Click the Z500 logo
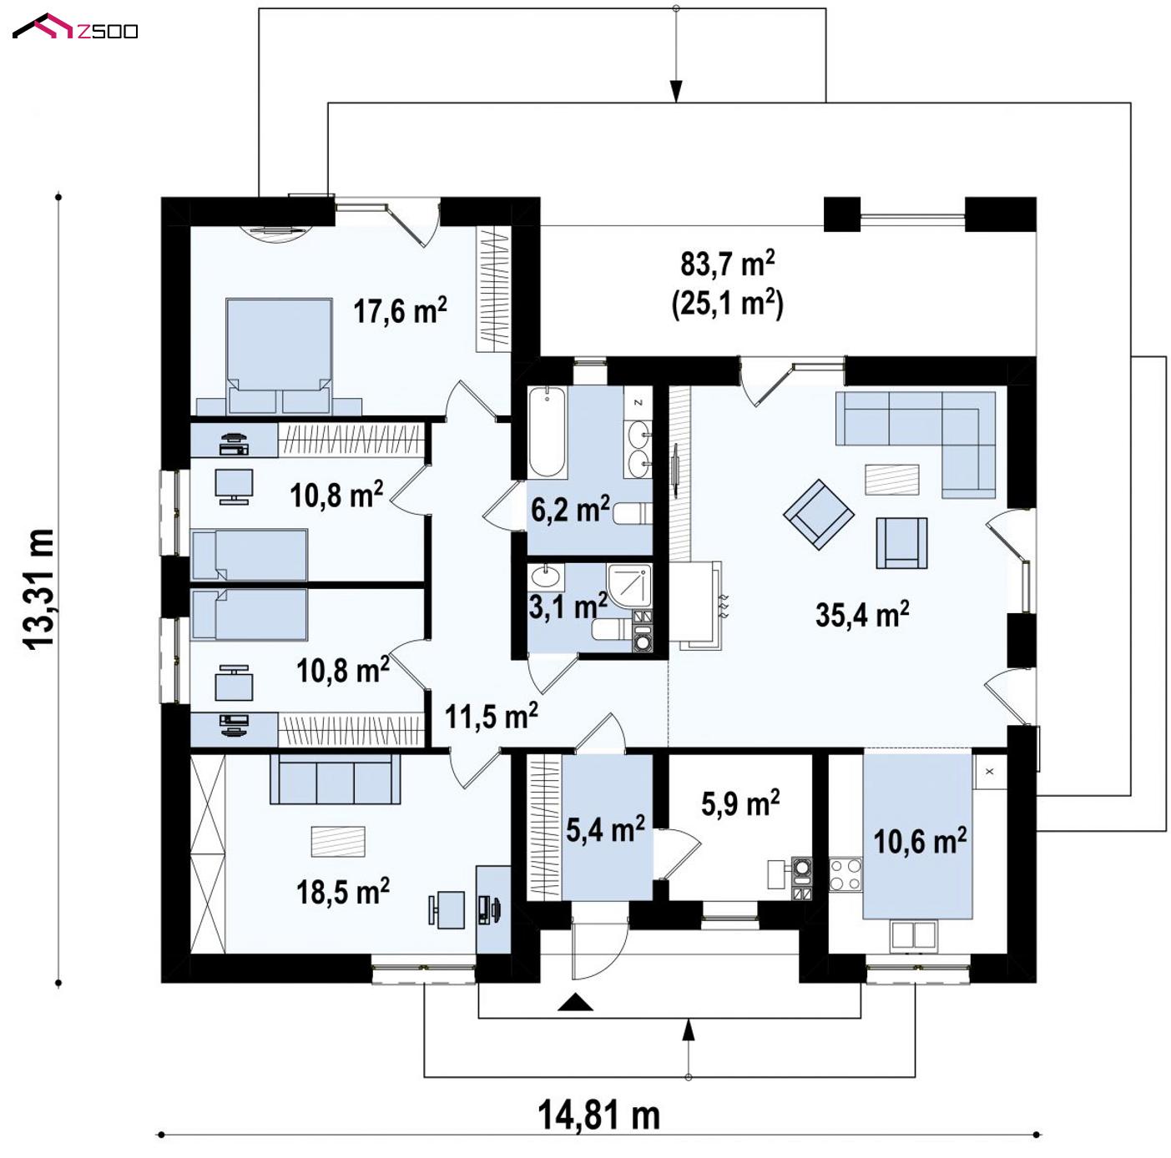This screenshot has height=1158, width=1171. [75, 27]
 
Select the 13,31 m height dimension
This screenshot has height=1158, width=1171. [39, 589]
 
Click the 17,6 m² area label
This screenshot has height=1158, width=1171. [400, 310]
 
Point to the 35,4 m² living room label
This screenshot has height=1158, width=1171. [861, 614]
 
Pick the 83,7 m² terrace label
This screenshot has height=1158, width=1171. [728, 264]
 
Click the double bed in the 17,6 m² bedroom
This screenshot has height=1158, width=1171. [279, 355]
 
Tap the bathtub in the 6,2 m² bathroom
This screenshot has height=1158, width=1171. [548, 430]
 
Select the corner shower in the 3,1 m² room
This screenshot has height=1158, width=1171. [629, 586]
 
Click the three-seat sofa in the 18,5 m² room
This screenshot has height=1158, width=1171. [335, 779]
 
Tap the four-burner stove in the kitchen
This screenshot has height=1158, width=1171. [845, 874]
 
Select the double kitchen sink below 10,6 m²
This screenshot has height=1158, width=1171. [913, 935]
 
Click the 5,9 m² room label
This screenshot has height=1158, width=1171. [740, 803]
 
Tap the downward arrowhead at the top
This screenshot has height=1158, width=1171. [676, 91]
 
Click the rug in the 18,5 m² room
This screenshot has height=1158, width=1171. [338, 842]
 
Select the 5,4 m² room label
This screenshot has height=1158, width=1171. [605, 829]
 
